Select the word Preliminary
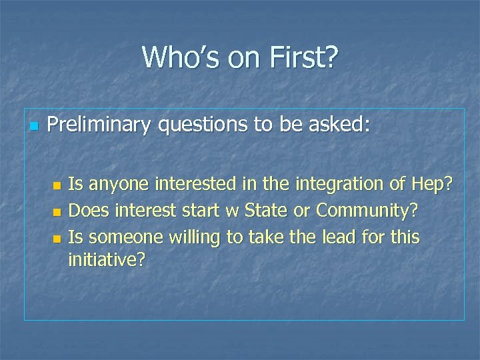click(x=99, y=125)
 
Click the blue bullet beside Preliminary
click(x=31, y=126)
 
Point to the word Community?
click(x=367, y=211)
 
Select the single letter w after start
click(x=232, y=212)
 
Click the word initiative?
click(x=106, y=259)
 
